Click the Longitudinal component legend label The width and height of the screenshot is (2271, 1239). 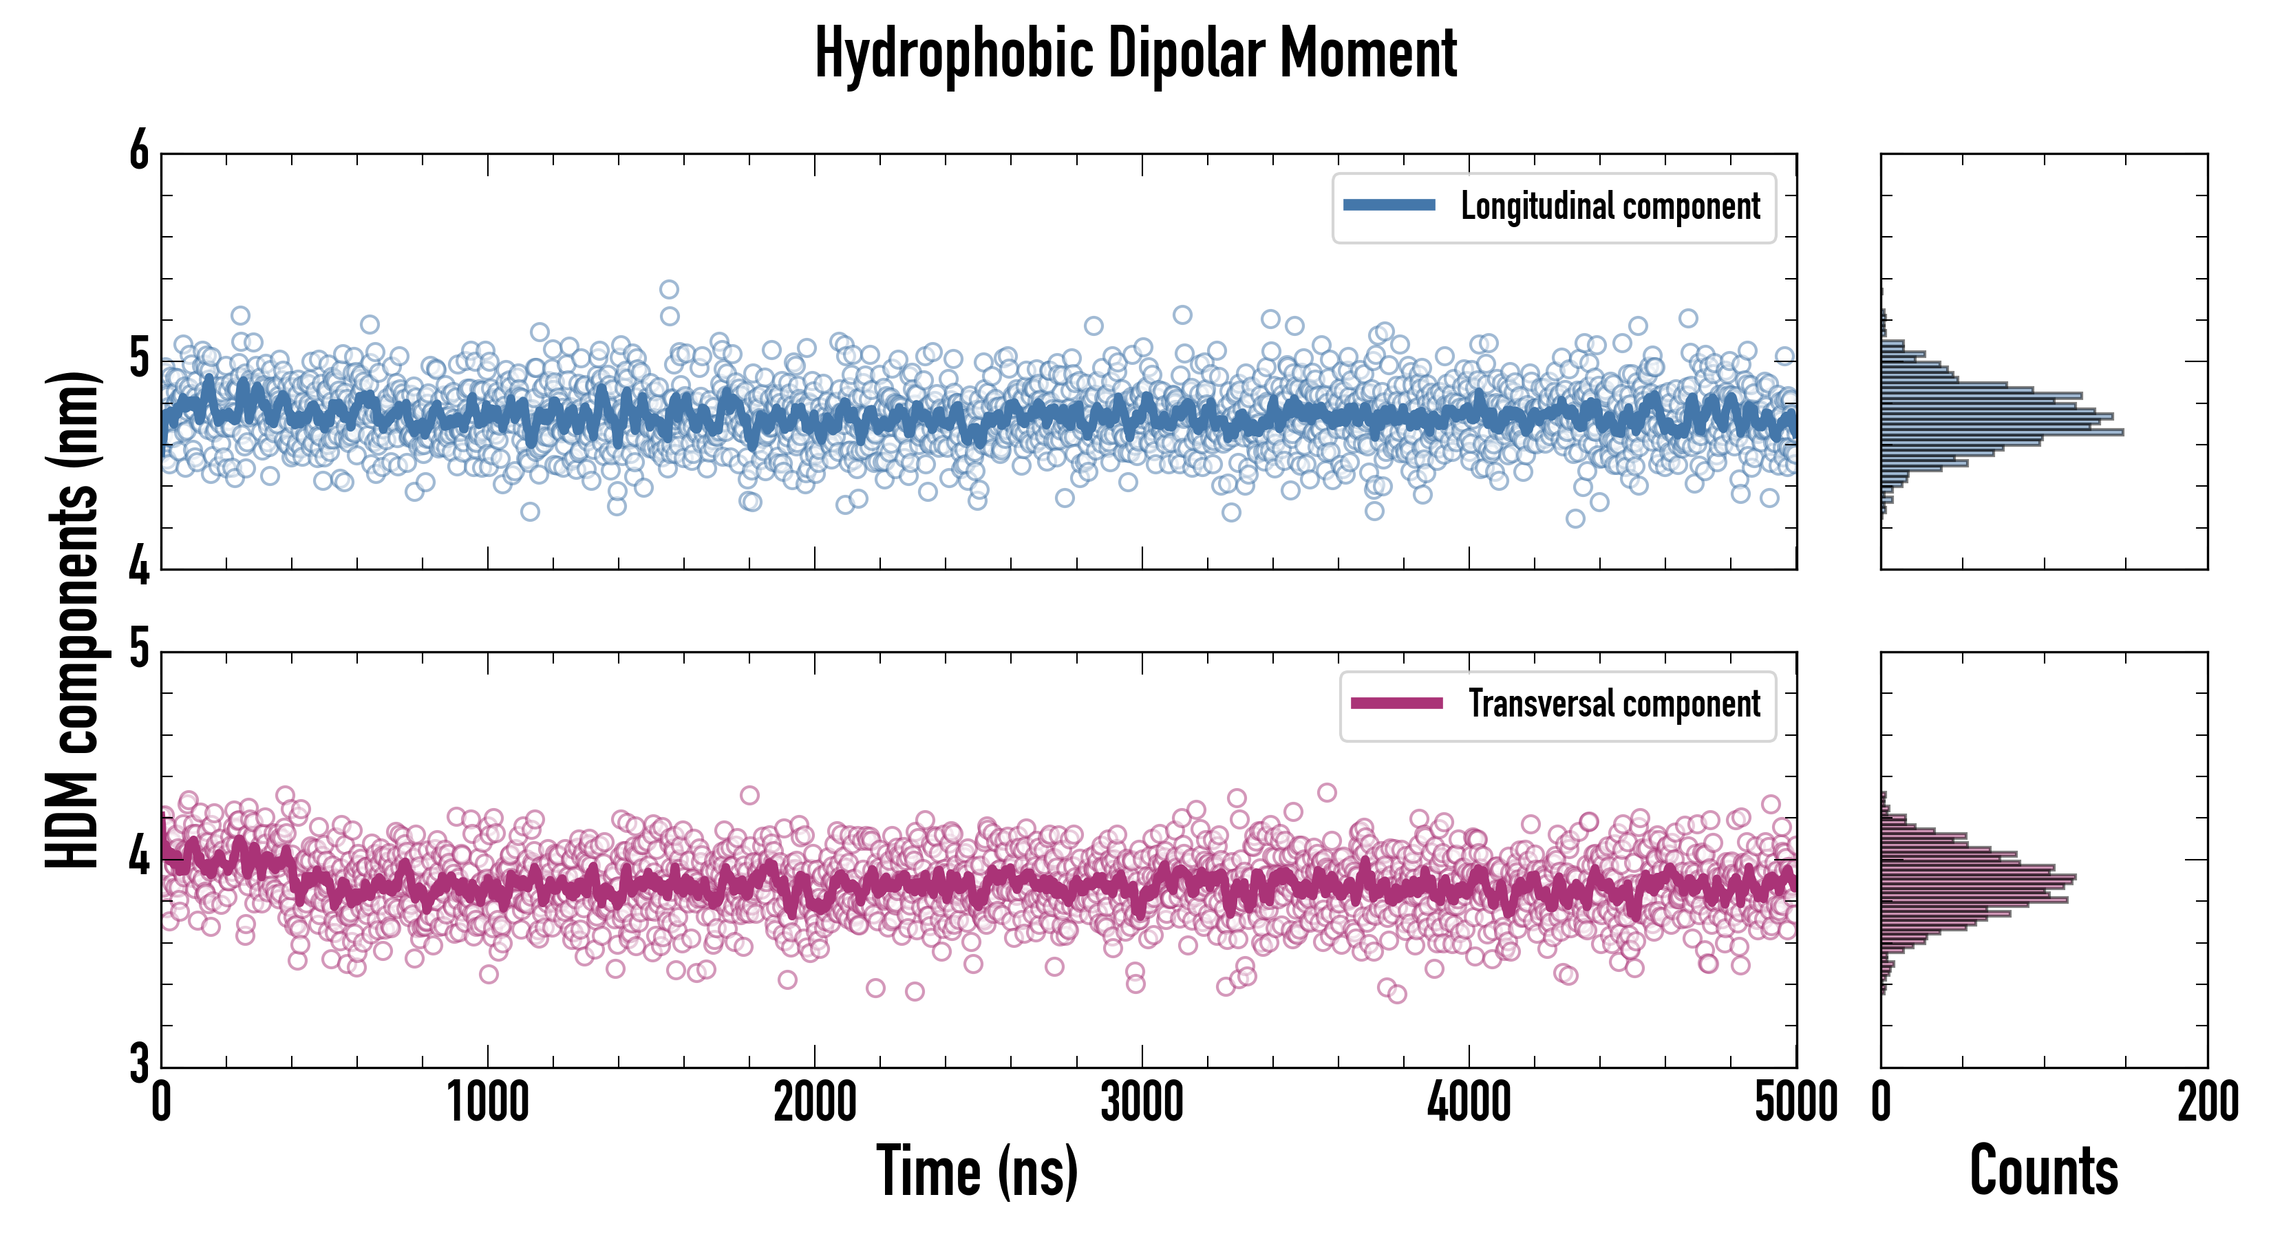tap(1610, 206)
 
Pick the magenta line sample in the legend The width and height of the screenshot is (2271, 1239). tap(1396, 703)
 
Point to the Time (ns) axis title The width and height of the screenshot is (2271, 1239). tap(977, 1171)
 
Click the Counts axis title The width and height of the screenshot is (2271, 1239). tap(2043, 1171)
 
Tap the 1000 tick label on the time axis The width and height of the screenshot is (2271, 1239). tap(487, 1102)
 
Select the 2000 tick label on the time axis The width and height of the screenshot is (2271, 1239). tap(815, 1102)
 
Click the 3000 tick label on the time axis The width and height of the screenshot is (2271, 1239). tap(1142, 1102)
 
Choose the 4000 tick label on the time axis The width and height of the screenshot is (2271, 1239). tap(1469, 1102)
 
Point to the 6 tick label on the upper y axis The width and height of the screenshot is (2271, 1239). tap(139, 151)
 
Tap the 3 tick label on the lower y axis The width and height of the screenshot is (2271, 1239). tap(139, 1063)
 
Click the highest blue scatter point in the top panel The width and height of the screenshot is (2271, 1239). tap(669, 289)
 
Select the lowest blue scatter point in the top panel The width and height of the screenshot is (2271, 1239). tap(1575, 518)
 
